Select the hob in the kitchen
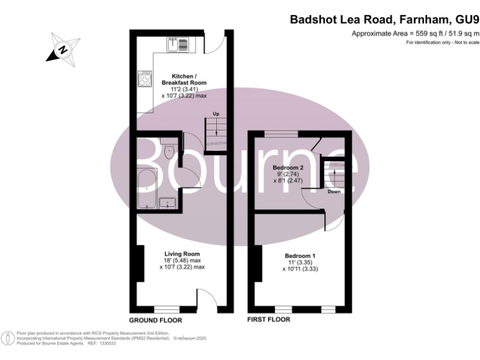click(x=145, y=78)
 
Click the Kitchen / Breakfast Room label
click(x=184, y=79)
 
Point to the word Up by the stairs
click(x=216, y=114)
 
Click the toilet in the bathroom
click(x=169, y=152)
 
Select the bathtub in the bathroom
click(x=147, y=187)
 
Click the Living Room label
click(x=182, y=253)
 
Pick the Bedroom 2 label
click(x=288, y=167)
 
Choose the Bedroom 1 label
click(x=300, y=256)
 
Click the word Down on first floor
click(x=334, y=192)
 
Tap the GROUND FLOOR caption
click(x=156, y=319)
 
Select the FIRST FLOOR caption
click(x=269, y=319)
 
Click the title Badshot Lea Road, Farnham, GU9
click(x=384, y=19)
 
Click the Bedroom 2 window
click(x=281, y=133)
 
